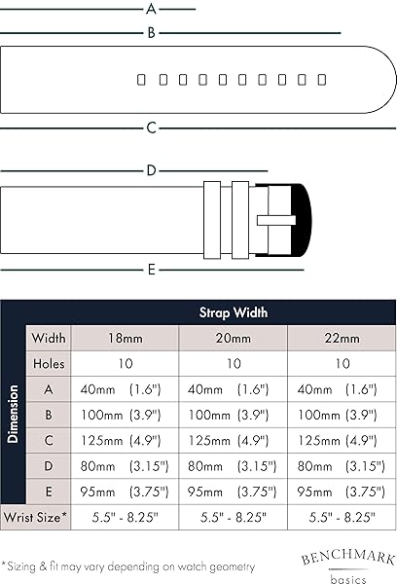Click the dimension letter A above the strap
tap(151, 9)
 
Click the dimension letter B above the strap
tap(151, 33)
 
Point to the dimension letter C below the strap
tap(151, 128)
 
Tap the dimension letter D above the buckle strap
tap(151, 170)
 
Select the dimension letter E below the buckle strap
tap(151, 270)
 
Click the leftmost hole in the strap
tap(141, 80)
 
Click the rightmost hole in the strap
tap(322, 80)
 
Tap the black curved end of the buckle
tap(302, 220)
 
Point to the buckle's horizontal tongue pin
tap(276, 220)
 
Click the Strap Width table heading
tap(234, 312)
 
